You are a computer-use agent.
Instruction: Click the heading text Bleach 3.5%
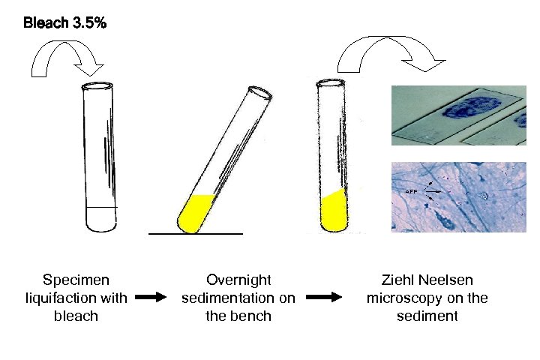(x=64, y=23)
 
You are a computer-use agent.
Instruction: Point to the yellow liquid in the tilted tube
(x=197, y=211)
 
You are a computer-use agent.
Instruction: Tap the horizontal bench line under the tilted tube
(x=196, y=234)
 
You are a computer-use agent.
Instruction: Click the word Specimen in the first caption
(x=76, y=280)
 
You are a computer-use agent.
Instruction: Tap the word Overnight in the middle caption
(x=238, y=280)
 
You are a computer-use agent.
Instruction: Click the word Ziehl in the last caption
(x=400, y=280)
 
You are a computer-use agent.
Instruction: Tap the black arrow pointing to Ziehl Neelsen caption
(x=326, y=298)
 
